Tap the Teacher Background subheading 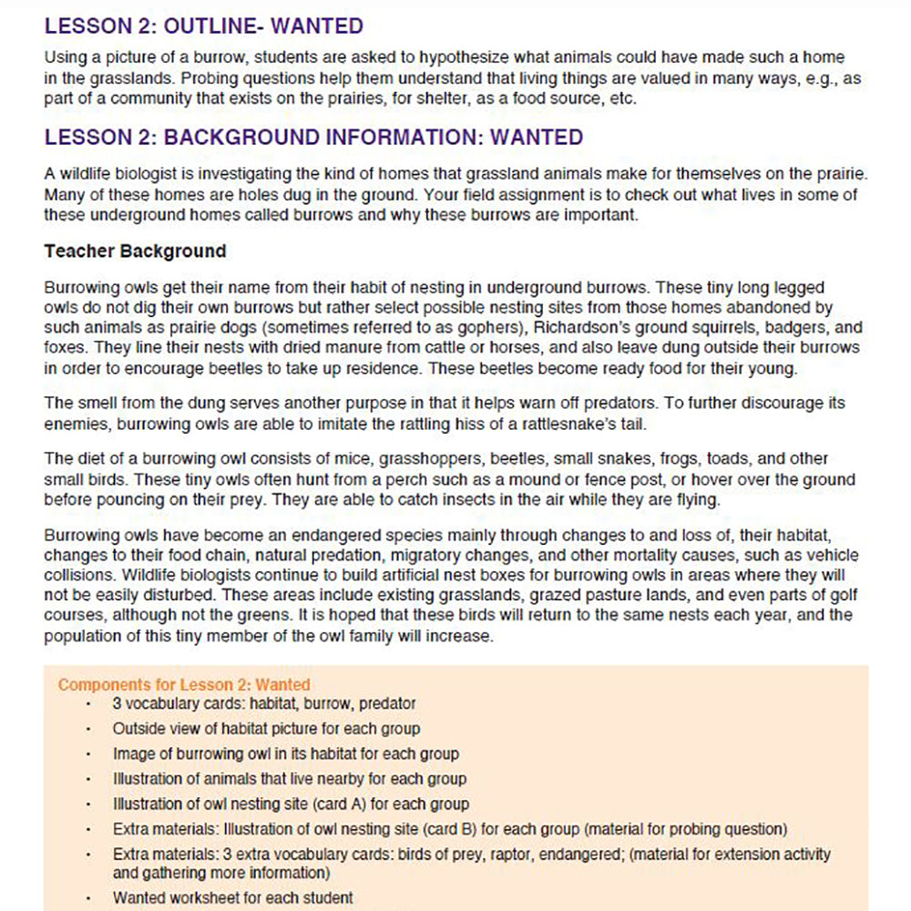click(135, 251)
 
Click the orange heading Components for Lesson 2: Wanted click(184, 684)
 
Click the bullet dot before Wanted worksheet click(89, 898)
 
